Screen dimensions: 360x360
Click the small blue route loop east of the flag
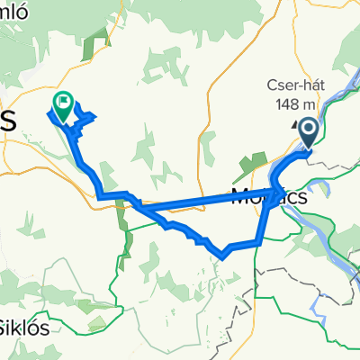pyautogui.click(x=85, y=115)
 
